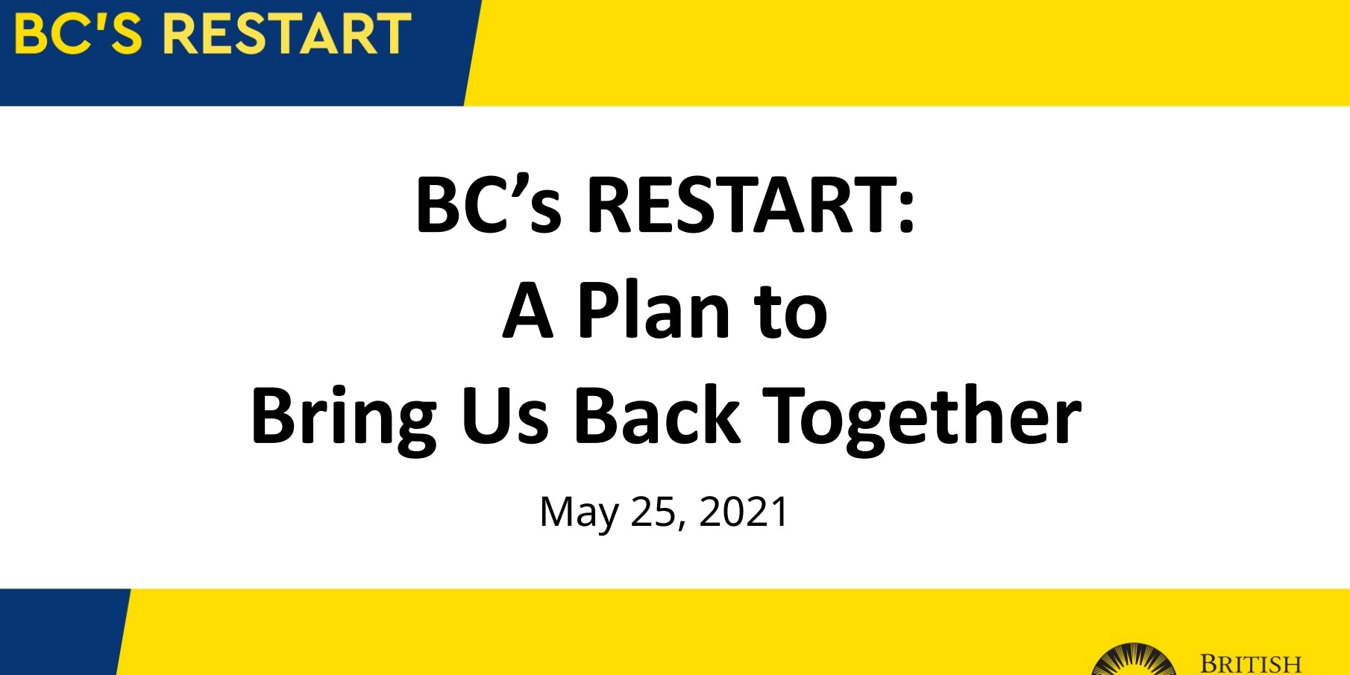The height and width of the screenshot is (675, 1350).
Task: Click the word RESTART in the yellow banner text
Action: [287, 34]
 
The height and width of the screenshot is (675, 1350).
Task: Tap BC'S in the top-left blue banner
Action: [78, 34]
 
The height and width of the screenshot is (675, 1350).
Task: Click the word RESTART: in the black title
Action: [750, 205]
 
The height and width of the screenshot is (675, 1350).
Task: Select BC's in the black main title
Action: [489, 204]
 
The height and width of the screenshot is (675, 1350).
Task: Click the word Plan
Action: [653, 310]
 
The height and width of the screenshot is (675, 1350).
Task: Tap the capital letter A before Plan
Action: [528, 310]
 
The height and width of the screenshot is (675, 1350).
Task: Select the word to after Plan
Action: [791, 312]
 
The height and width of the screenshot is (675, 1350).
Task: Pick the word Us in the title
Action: [505, 416]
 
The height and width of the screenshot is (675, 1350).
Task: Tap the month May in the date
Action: [579, 513]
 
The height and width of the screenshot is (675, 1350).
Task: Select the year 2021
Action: [744, 512]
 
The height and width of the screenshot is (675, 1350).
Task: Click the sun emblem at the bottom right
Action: [1134, 660]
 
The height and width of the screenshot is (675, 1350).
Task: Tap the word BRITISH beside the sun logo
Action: [1251, 664]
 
